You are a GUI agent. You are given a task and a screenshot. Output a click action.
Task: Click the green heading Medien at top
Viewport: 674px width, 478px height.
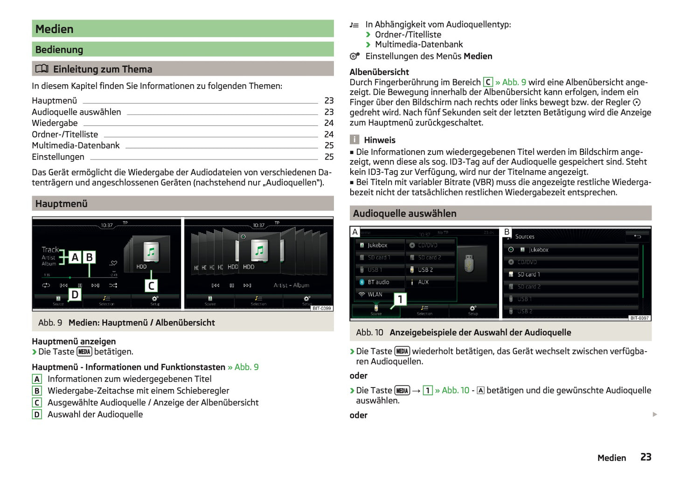pos(55,29)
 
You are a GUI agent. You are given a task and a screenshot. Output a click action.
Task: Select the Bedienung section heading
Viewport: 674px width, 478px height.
pos(59,49)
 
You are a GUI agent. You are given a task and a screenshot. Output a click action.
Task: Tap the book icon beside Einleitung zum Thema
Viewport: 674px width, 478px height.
pos(42,69)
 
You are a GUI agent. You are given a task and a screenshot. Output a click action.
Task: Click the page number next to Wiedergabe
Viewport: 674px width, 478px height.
pos(329,123)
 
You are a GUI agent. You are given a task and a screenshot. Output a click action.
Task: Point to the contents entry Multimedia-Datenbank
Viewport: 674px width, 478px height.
pos(76,145)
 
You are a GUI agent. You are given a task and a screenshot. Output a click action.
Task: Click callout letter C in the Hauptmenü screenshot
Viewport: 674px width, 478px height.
pos(151,285)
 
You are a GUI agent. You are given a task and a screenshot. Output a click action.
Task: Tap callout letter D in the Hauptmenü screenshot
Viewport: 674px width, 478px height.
pos(75,294)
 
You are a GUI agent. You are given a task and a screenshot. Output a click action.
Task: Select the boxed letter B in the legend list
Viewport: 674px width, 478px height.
pos(37,391)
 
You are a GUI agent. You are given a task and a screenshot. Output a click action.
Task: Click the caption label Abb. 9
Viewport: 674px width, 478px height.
pos(50,323)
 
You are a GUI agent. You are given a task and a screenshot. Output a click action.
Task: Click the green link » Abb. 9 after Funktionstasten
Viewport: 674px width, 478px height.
pos(243,367)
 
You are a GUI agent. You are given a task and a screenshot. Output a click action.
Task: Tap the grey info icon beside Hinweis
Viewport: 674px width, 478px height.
pos(354,139)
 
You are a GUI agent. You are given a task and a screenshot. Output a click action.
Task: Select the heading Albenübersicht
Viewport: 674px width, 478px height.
pos(379,72)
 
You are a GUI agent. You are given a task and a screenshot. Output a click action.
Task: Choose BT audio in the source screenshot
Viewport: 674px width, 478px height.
pos(378,282)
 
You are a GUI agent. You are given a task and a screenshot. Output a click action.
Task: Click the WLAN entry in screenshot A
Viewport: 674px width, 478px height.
pos(375,295)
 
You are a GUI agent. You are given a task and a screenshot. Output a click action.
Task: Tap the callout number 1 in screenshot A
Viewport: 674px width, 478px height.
pos(400,299)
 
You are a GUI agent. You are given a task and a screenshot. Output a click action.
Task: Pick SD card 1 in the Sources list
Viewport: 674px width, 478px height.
pos(528,275)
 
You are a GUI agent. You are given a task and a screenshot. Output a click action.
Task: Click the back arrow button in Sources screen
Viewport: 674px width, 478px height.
pos(637,236)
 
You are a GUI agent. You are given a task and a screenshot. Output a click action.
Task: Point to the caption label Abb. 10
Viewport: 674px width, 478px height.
pos(369,333)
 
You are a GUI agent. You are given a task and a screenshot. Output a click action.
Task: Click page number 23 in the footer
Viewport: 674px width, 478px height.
pos(646,457)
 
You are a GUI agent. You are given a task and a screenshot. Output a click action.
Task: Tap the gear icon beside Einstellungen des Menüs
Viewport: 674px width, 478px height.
pos(354,56)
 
